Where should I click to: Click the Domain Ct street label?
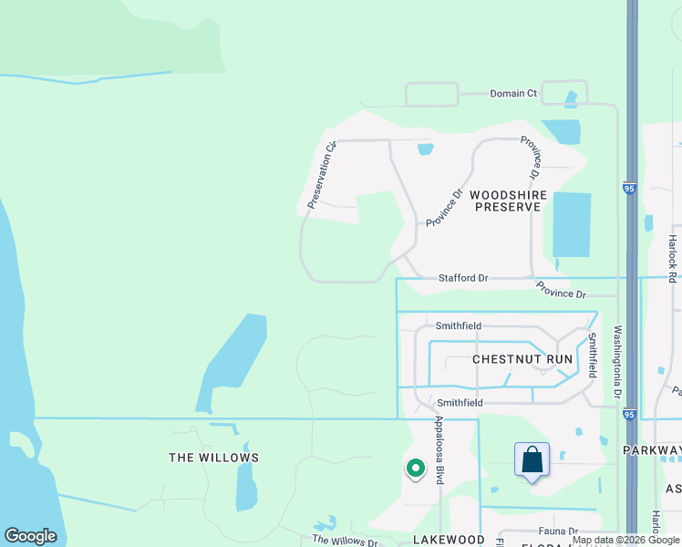[x=513, y=93]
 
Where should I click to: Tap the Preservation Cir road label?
[x=322, y=175]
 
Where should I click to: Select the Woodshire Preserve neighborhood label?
[x=505, y=201]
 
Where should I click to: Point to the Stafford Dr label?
[x=463, y=277]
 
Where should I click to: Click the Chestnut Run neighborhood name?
[x=522, y=359]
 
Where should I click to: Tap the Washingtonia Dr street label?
[x=618, y=363]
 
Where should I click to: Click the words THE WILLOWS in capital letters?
[x=213, y=458]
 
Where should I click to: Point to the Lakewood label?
[x=449, y=540]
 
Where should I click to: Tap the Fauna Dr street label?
[x=560, y=531]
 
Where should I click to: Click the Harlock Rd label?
[x=672, y=257]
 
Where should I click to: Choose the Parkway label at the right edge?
[x=653, y=450]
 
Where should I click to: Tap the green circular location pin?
[x=415, y=469]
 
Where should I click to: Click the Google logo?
[x=30, y=536]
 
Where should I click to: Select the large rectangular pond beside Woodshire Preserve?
[x=571, y=224]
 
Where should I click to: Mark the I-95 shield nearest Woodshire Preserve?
[x=629, y=189]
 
